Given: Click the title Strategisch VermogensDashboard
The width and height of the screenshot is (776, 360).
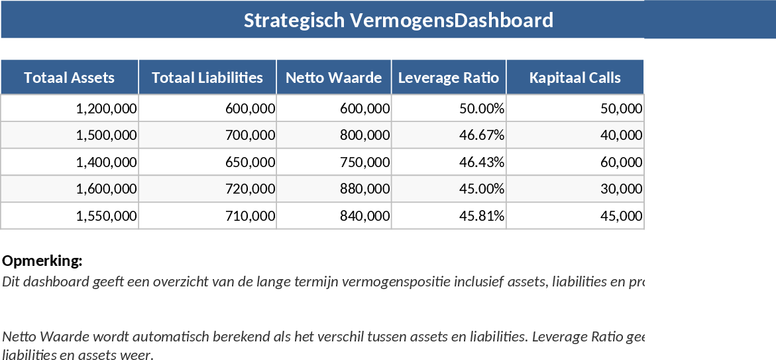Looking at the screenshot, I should [x=398, y=20].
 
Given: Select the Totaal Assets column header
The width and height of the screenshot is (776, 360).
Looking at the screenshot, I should [x=70, y=78].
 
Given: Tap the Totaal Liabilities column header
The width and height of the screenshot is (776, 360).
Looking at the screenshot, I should [x=207, y=78].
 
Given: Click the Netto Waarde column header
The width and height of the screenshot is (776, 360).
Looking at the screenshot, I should [x=333, y=78].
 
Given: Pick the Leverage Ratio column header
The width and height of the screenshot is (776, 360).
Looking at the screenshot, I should [x=449, y=78].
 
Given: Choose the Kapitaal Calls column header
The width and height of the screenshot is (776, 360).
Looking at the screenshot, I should [x=575, y=78].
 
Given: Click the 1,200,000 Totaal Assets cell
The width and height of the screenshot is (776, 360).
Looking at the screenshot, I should [x=107, y=109].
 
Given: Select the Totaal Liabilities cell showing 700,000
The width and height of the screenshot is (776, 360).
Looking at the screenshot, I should [x=250, y=135].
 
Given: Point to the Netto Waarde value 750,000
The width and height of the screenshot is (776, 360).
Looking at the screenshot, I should [x=364, y=162].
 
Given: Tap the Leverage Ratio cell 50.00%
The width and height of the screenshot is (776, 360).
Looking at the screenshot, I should [x=482, y=109].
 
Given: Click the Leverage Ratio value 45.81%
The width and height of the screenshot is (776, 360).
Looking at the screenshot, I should [x=482, y=215].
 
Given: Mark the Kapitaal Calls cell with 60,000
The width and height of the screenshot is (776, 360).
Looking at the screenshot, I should [x=621, y=162].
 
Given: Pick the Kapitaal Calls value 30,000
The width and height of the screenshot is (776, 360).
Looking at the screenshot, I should [x=621, y=189].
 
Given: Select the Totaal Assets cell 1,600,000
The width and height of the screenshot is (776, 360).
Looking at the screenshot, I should [x=107, y=189].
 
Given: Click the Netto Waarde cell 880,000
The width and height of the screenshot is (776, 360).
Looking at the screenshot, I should [x=364, y=189].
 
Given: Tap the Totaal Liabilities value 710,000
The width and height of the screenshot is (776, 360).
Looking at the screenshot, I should [x=250, y=215].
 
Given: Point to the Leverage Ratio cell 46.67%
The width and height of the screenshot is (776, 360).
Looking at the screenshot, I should [x=482, y=135].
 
